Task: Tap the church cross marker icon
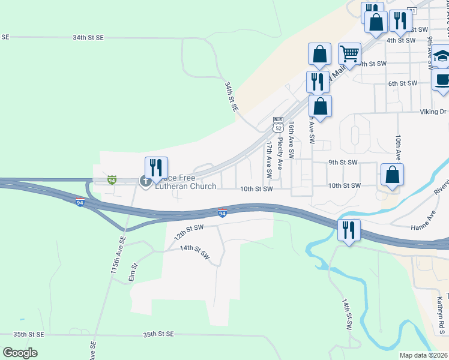pos(145,180)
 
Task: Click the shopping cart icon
pos(349,53)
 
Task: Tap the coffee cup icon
pos(442,79)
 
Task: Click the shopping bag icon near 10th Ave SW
pos(391,175)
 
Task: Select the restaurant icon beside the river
pos(348,230)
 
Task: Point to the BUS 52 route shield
pos(277,125)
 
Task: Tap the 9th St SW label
pos(343,162)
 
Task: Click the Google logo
pos(20,353)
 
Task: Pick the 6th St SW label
pos(402,83)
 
